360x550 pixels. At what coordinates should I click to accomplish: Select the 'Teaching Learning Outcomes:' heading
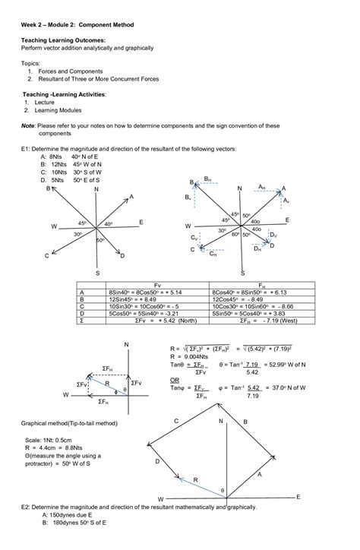pos(63,40)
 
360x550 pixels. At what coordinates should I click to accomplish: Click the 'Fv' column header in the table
pos(156,284)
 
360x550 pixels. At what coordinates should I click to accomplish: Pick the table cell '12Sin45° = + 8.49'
pos(141,299)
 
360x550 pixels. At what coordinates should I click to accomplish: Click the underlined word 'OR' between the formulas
pos(175,379)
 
